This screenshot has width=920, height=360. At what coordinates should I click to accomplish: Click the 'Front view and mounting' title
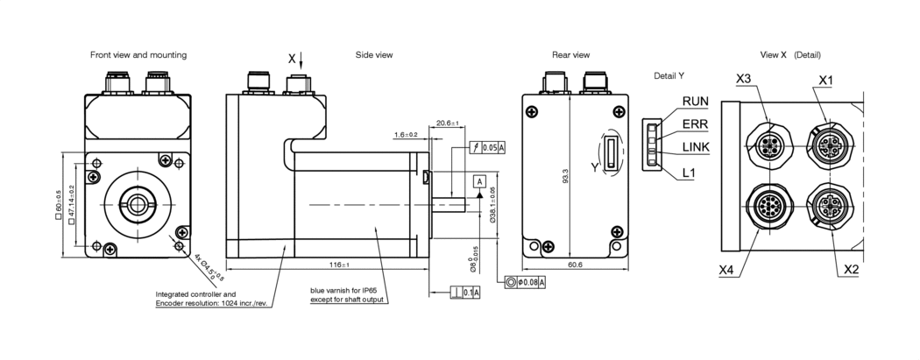click(x=138, y=55)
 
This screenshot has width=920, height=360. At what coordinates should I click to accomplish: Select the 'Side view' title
click(x=373, y=55)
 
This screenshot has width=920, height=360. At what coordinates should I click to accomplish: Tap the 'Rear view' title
click(x=570, y=55)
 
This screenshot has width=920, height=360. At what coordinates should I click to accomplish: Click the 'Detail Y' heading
click(x=669, y=76)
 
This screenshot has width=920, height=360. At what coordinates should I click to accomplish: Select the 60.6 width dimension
click(x=575, y=265)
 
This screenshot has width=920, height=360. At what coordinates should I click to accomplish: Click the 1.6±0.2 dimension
click(x=407, y=135)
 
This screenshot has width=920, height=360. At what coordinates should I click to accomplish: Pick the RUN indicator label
click(x=696, y=102)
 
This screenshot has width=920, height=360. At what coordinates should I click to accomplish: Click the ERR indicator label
click(x=695, y=124)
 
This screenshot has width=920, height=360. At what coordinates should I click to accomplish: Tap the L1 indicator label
click(x=689, y=173)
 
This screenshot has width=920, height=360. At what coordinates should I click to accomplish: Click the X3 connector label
click(x=744, y=79)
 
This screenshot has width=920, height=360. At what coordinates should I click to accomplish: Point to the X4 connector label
click(x=726, y=271)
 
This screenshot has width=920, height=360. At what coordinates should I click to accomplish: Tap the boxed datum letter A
click(x=479, y=181)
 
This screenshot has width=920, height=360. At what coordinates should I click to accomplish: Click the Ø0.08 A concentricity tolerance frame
click(x=526, y=282)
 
